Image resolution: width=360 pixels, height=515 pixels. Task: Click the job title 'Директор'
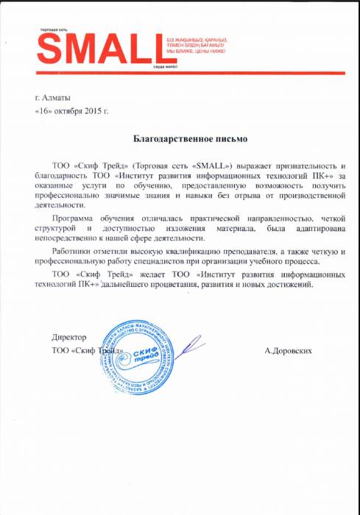coord(69,337)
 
